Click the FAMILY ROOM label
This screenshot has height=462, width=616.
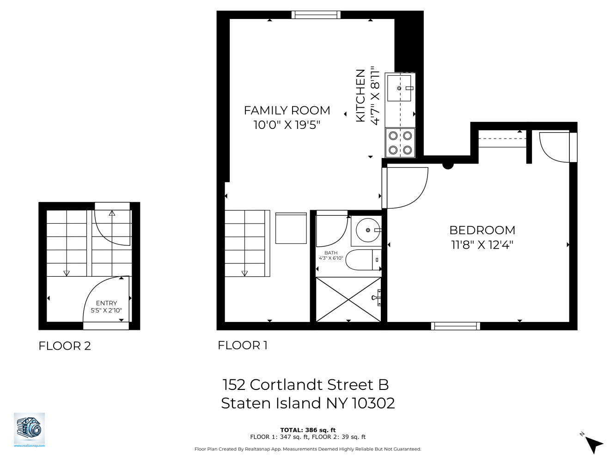pos(287,111)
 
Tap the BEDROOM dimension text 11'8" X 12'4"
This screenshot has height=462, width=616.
pos(482,245)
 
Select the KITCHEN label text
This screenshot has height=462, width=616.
pos(360,96)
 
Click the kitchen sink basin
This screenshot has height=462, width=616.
pos(399,88)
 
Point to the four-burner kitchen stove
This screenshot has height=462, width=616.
pos(400,143)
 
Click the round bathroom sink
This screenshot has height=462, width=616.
pos(368,230)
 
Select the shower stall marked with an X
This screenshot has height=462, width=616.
pos(348,299)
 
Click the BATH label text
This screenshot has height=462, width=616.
pos(331,253)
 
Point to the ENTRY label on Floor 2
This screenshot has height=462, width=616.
pos(106,303)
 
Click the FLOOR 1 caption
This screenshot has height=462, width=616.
pos(243,346)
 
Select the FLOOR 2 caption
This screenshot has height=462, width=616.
pos(65,346)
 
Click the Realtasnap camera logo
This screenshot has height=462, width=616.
pos(29,429)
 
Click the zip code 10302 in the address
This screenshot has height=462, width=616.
pos(373,403)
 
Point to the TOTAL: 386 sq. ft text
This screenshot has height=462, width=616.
pos(308,430)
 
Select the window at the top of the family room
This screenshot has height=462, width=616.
pos(316,15)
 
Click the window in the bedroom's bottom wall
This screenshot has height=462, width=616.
pos(455,326)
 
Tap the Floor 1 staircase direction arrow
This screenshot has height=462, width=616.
pos(244,273)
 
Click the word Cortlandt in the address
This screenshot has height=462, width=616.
pos(311,385)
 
